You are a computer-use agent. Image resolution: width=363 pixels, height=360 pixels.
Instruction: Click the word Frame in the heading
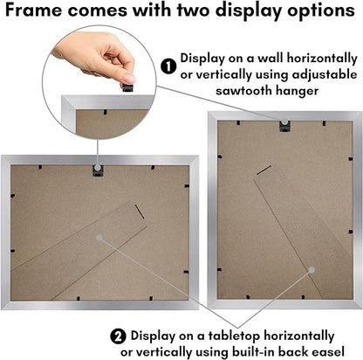[33, 10]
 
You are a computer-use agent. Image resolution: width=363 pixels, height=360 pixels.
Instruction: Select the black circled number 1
[168, 66]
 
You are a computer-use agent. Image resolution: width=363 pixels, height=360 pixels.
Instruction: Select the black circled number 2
[118, 337]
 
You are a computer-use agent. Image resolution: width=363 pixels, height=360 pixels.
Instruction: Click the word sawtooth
[243, 91]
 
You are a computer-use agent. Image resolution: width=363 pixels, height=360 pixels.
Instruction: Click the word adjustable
[325, 75]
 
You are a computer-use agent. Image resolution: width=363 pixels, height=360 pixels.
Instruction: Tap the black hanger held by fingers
[128, 87]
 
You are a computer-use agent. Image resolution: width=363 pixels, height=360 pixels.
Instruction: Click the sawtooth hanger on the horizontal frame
[98, 170]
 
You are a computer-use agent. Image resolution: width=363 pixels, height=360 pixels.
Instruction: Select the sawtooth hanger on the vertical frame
[284, 126]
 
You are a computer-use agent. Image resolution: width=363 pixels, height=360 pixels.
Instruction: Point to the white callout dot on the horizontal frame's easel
[99, 238]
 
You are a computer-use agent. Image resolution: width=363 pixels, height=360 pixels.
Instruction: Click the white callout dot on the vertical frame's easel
[312, 270]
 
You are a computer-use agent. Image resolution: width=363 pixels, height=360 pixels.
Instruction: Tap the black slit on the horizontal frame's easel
[140, 211]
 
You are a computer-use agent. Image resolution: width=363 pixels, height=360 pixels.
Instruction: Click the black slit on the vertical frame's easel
[264, 170]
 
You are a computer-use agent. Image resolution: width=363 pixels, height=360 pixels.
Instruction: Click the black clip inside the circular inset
[106, 112]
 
